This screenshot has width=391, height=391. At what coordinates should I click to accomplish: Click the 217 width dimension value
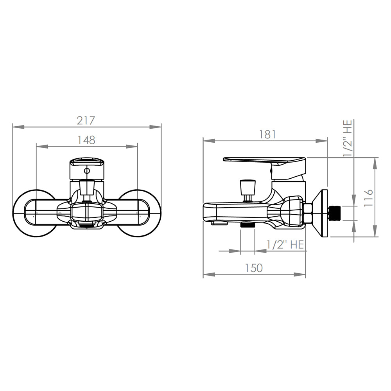[86, 121]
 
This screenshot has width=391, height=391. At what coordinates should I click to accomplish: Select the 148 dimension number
[86, 140]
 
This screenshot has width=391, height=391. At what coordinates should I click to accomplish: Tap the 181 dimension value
[267, 135]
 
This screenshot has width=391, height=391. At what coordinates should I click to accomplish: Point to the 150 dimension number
[254, 268]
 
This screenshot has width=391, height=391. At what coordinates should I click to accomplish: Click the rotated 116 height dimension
[368, 198]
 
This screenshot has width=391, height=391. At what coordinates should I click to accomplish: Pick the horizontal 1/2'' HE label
[285, 245]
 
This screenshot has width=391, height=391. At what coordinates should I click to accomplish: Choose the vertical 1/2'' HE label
[348, 138]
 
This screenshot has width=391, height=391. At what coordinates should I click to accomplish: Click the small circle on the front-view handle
[87, 171]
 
